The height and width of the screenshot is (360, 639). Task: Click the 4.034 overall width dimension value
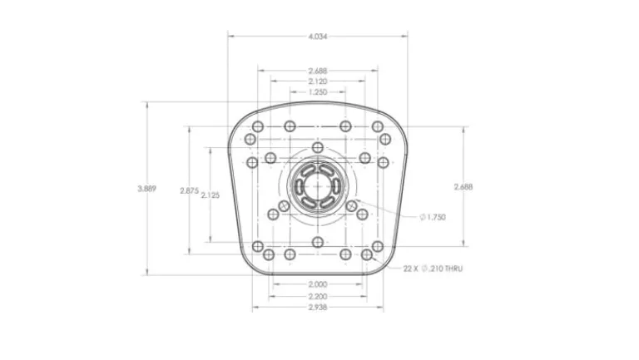click(x=318, y=37)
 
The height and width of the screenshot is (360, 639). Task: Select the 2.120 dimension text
click(x=318, y=81)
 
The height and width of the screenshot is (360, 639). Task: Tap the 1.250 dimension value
click(x=318, y=92)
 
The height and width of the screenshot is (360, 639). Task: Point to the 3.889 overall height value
click(x=146, y=189)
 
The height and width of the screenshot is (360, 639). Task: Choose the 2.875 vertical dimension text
click(x=189, y=190)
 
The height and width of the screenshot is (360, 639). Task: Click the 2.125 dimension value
click(x=211, y=195)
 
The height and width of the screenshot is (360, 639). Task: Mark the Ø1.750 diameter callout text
click(x=433, y=218)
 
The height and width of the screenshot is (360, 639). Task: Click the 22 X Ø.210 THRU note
click(x=433, y=269)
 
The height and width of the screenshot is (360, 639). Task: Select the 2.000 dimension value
click(x=318, y=284)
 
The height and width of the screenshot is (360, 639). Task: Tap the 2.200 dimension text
click(x=318, y=297)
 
